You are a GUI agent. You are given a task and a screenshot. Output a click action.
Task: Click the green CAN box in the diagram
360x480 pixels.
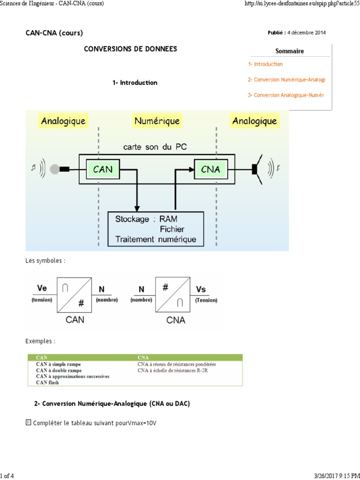[103, 169]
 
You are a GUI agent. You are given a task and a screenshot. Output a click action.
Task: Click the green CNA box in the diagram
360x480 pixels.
[210, 169]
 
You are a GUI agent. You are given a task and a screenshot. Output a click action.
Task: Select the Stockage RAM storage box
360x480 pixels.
[156, 229]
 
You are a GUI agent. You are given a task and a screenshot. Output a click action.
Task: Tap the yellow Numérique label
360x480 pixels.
[157, 121]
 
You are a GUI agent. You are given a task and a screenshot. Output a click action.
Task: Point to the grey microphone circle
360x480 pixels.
[55, 169]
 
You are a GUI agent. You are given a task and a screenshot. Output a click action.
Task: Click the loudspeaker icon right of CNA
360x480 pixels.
[257, 168]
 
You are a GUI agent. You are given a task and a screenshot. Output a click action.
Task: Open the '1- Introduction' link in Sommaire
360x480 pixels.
[265, 64]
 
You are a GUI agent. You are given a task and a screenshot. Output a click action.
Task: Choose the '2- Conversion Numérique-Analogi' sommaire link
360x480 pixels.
[286, 80]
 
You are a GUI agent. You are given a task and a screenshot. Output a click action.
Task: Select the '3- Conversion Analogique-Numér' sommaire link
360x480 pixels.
[285, 95]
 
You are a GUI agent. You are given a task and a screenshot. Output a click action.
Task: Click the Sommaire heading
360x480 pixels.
[289, 51]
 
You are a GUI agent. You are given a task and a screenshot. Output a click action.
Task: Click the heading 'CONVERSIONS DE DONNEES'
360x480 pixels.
[130, 49]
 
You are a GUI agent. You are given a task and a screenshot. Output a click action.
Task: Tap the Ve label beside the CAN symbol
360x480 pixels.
[42, 289]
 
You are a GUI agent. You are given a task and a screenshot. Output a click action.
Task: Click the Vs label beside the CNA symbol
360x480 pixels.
[201, 289]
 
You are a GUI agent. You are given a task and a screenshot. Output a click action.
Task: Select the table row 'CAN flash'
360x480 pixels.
[47, 382]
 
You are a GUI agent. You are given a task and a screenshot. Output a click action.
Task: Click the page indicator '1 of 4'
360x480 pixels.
[7, 476]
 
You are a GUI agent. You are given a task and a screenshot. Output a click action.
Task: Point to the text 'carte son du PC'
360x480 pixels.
[155, 147]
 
